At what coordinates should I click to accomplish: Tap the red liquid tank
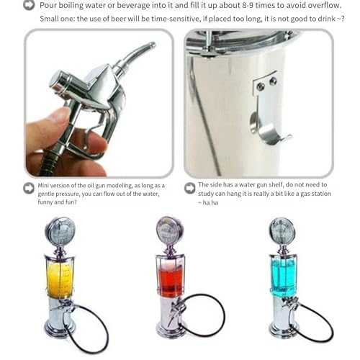[x=171, y=279]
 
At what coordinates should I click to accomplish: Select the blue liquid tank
[x=283, y=276]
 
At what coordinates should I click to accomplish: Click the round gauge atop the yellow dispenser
[x=60, y=232]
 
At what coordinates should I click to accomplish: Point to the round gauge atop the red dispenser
[x=170, y=230]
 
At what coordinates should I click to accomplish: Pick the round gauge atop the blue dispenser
[x=282, y=230]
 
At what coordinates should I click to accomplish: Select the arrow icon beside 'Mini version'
[x=30, y=188]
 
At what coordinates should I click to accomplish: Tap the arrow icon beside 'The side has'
[x=190, y=188]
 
